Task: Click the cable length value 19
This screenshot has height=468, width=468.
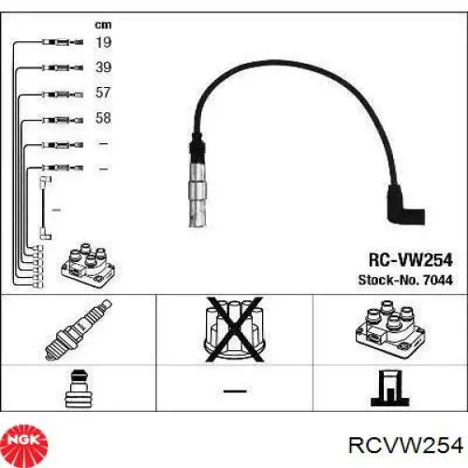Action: pos(103,42)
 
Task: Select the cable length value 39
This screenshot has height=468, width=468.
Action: pos(103,67)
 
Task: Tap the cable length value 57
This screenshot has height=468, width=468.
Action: pos(103,94)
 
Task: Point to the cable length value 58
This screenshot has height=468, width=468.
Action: pos(103,119)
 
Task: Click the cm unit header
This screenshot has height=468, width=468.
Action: pos(102,23)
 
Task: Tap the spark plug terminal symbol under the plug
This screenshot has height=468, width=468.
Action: pos(77,388)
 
